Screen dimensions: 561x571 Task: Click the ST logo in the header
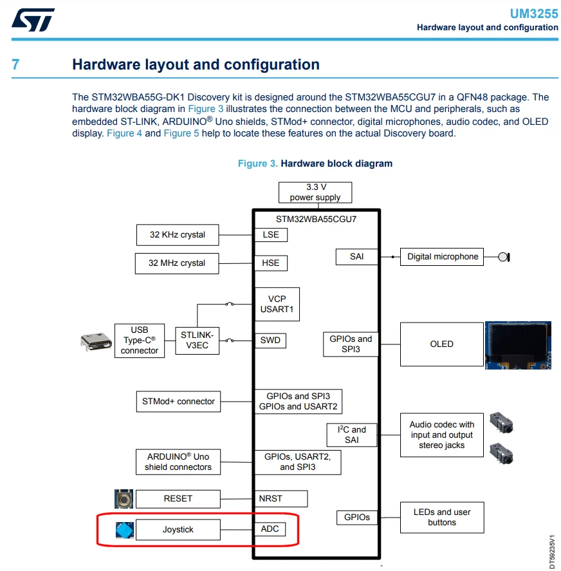click(33, 20)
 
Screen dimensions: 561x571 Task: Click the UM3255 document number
click(534, 14)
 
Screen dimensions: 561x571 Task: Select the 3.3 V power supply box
click(315, 192)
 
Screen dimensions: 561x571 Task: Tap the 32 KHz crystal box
click(178, 235)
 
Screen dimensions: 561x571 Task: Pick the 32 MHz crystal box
click(177, 263)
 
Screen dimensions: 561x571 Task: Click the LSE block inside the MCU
click(271, 235)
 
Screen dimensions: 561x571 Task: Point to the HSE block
click(271, 263)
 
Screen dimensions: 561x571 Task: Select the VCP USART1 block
click(277, 304)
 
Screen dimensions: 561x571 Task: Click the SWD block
click(270, 340)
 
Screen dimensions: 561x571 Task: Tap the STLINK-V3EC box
click(198, 341)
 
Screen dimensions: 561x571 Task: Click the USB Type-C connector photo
click(96, 342)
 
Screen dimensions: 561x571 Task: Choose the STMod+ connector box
click(178, 401)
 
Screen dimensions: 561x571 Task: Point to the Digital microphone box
click(442, 257)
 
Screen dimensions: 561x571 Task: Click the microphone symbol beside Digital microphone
click(504, 257)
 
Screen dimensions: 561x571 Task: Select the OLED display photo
click(518, 345)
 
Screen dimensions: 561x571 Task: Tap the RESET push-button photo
click(124, 498)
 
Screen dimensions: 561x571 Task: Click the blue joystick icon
click(125, 530)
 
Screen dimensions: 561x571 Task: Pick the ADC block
click(270, 529)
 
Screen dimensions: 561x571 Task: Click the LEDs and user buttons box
click(442, 518)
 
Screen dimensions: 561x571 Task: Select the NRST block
click(281, 498)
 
